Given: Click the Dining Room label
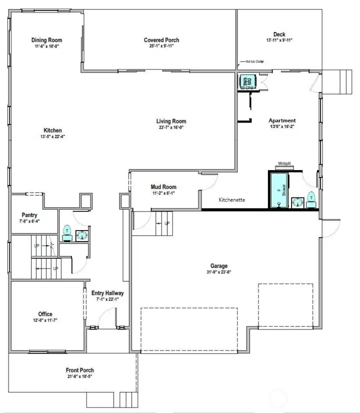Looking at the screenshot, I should coord(46,40).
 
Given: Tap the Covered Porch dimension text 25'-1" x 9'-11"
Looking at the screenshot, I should coord(161,46).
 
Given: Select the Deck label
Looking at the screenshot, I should coord(279,34).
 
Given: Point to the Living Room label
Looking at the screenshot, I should coord(171,121).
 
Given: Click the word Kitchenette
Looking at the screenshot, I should coord(232,199).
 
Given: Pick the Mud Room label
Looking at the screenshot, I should coord(163,187).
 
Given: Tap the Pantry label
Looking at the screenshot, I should coord(29,215).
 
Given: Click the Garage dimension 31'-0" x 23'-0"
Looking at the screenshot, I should coord(218,272).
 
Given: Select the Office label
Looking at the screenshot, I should coord(45,314).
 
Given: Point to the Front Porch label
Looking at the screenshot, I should coord(80,370).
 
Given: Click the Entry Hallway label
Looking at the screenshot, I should coord(107,293).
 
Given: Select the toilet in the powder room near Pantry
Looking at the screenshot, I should coord(67,232).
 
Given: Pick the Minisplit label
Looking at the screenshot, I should coord(285,163).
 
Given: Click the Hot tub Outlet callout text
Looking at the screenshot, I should coord(254,62).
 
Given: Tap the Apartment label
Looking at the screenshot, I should coord(282,120).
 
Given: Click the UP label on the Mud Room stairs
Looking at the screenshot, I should coord(167,223).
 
